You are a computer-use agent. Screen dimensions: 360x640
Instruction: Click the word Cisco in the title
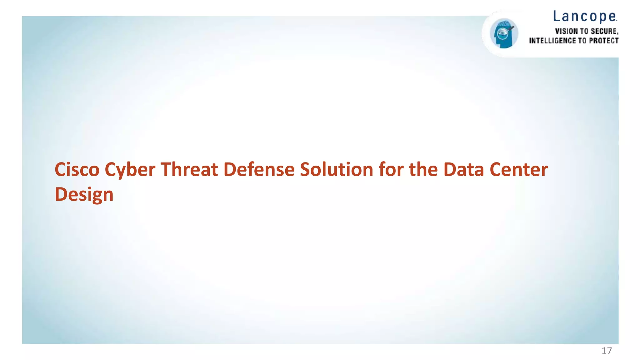(77, 170)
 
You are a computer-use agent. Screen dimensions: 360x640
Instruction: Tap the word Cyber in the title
(130, 170)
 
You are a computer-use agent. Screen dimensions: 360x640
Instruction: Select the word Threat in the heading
(189, 170)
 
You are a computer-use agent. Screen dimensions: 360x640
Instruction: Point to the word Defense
(259, 170)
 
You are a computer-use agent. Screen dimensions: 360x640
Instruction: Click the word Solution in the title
(336, 170)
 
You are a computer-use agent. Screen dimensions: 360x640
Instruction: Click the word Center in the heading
(518, 170)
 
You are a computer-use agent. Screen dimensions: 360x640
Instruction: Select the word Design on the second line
(84, 195)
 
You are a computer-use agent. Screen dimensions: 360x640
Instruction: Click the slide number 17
(607, 351)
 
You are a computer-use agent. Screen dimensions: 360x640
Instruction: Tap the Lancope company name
(585, 17)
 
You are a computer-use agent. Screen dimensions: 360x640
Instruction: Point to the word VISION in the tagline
(566, 31)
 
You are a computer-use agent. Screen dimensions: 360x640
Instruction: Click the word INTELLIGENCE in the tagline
(552, 41)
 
